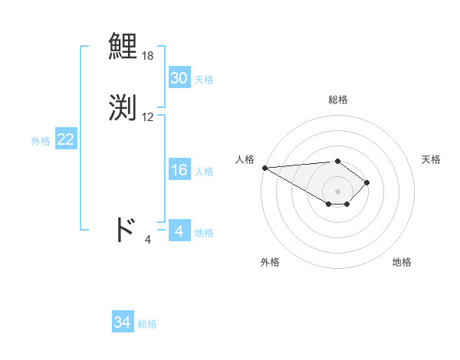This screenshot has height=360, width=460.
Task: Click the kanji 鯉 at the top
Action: point(123,47)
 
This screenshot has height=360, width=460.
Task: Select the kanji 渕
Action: point(123,108)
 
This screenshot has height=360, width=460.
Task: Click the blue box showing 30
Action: point(179,78)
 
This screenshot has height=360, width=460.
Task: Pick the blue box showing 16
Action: point(179,170)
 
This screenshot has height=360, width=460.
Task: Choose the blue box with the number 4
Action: point(179,231)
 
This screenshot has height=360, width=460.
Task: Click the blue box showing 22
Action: point(65,139)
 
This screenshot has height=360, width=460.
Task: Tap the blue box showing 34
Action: point(122,323)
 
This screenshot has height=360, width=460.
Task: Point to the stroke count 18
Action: point(148,56)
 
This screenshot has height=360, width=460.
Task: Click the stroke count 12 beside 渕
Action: point(148,117)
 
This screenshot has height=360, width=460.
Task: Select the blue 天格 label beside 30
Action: point(204,80)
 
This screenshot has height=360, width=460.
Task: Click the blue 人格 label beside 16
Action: point(204,172)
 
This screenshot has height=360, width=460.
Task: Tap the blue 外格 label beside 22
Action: point(41,141)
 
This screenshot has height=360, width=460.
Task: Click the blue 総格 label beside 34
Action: point(147,325)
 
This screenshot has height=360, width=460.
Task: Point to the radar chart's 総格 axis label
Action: point(337,100)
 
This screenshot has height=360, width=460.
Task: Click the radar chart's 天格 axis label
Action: point(432,159)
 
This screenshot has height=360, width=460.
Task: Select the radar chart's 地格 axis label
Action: point(402,262)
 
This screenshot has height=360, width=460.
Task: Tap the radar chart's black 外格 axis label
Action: point(270,262)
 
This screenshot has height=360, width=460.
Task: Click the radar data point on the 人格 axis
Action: point(264,168)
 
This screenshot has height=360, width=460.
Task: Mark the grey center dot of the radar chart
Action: point(337,191)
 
